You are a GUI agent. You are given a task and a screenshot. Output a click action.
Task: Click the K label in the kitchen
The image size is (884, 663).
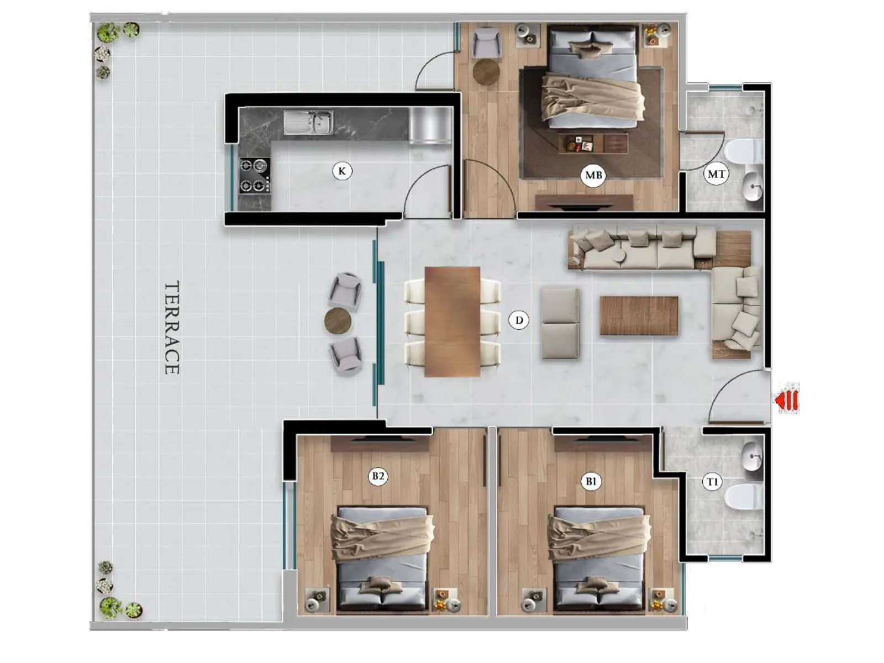tap(342, 171)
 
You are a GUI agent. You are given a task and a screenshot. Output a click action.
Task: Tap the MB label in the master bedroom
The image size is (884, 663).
tap(593, 176)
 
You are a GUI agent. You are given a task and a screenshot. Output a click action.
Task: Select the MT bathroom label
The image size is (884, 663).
tap(716, 174)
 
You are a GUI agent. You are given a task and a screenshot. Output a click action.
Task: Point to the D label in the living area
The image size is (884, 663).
tap(519, 320)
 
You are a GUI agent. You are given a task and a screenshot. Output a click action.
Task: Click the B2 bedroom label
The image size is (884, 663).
tap(378, 476)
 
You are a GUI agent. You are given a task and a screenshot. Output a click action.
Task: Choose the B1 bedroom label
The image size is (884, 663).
tap(591, 481)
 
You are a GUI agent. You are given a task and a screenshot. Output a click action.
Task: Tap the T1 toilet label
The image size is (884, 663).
tap(712, 482)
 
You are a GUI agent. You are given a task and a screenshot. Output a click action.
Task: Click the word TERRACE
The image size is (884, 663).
tap(172, 328)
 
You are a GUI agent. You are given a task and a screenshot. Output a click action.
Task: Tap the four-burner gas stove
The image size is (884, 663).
tap(255, 176)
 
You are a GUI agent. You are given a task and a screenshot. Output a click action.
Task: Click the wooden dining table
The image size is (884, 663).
tap(452, 322)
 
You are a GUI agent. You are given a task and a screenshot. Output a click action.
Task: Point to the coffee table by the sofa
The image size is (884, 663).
tap(639, 315)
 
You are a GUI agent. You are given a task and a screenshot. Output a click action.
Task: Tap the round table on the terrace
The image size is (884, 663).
tap(338, 321)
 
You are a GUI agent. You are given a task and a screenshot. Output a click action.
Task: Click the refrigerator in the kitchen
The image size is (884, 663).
tap(430, 125)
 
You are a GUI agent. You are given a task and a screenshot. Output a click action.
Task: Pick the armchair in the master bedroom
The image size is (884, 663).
tap(487, 43)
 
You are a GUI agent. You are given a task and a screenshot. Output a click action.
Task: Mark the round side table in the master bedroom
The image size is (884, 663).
tap(487, 72)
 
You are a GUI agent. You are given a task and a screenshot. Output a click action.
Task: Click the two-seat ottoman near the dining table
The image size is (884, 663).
tap(560, 323)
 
